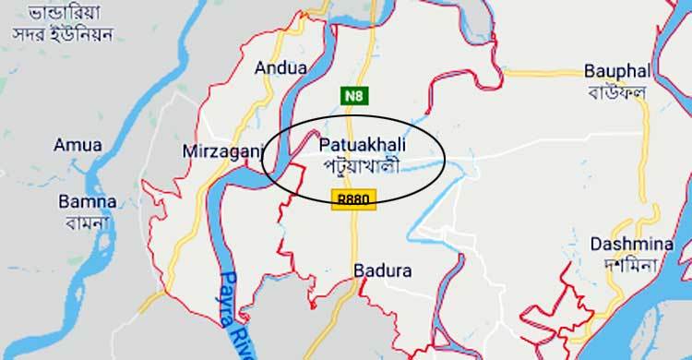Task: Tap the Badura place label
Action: click(382, 271)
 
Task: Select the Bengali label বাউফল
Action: click(616, 92)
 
